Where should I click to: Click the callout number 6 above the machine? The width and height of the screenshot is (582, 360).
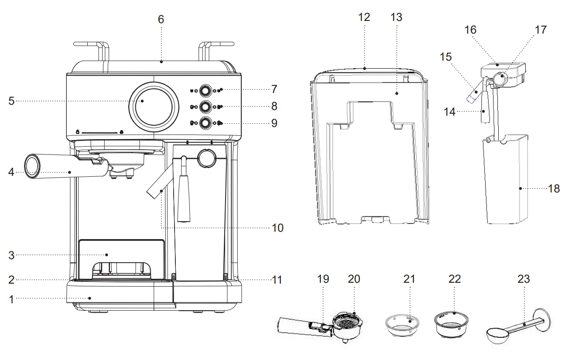coord(161,20)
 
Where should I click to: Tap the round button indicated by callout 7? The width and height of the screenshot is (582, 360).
coord(205,91)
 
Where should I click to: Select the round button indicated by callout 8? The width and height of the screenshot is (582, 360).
coord(205,107)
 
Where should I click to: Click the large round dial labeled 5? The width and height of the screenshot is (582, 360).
coord(154,107)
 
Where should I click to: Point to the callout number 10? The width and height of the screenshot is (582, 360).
coord(277,228)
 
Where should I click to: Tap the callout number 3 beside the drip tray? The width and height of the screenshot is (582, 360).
coord(11,256)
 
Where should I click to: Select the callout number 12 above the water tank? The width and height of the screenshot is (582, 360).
coord(364,17)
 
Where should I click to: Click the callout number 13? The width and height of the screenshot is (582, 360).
coord(396,17)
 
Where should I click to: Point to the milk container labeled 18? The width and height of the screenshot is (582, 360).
coord(506,179)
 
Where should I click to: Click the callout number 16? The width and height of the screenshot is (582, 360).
coord(470,30)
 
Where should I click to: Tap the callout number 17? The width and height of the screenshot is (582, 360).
coord(541,30)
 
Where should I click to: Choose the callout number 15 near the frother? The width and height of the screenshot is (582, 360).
coord(445,57)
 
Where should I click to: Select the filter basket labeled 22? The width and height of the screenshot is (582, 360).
coord(451,325)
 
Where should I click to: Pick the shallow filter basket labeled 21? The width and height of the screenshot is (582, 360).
coord(402,326)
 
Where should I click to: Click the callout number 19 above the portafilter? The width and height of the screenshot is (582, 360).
coord(323,279)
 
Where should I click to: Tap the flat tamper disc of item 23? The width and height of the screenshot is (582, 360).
coord(541,320)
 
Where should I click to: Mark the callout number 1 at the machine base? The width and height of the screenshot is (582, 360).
coord(11,299)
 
